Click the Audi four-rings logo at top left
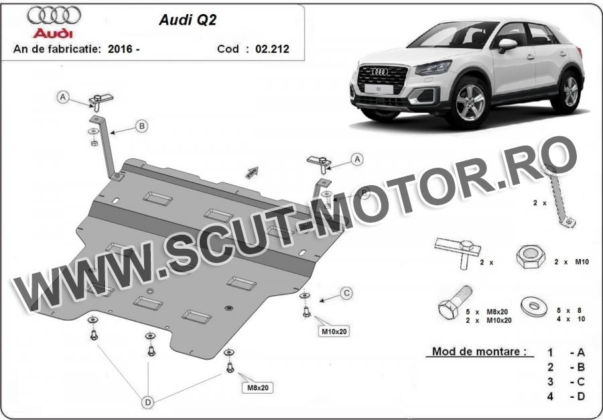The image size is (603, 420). (x=54, y=15)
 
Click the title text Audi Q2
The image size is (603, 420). (x=188, y=20)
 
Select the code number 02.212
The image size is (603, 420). (x=272, y=49)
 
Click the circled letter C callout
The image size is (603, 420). (x=346, y=293)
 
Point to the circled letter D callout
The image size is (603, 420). (x=147, y=403)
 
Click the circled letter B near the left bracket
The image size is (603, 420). (x=142, y=126)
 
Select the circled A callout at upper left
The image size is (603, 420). (x=63, y=97)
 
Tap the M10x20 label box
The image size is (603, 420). (x=334, y=331)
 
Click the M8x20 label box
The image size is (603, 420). (x=258, y=388)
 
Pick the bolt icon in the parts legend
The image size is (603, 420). (x=456, y=301)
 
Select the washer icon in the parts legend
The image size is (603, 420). (x=534, y=307)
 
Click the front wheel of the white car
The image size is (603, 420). (x=469, y=102)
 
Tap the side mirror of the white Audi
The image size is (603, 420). (x=507, y=45)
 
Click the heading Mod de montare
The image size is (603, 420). (x=479, y=352)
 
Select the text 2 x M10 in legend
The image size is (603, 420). (x=572, y=262)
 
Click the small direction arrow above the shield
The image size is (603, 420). (x=252, y=172)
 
